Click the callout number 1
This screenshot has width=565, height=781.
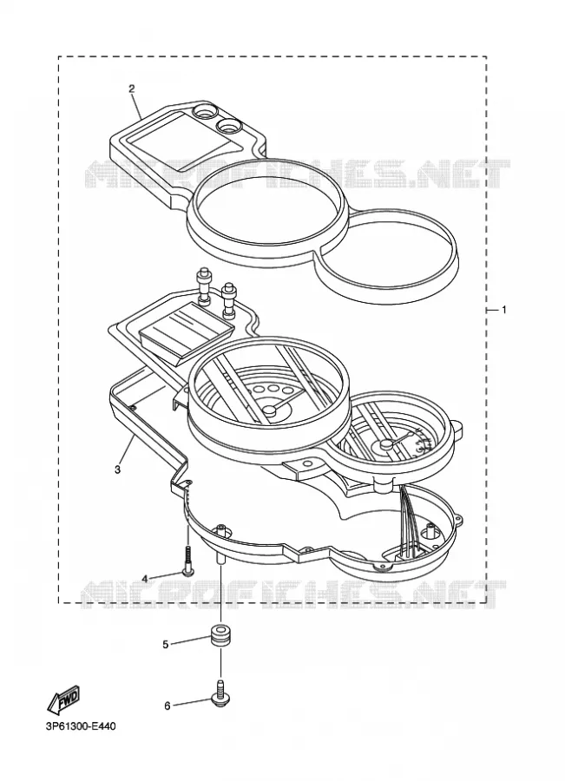tap(503, 310)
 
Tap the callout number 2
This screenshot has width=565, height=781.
tap(132, 89)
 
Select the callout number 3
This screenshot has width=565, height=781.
tap(117, 469)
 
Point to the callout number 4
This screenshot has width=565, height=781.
tap(144, 578)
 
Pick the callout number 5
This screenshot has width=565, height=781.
tap(166, 645)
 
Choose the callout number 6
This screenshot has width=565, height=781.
tap(168, 706)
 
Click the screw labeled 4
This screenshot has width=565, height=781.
tap(187, 561)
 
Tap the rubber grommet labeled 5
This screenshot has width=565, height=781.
tap(220, 633)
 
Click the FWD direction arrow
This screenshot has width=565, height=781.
tap(63, 699)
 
